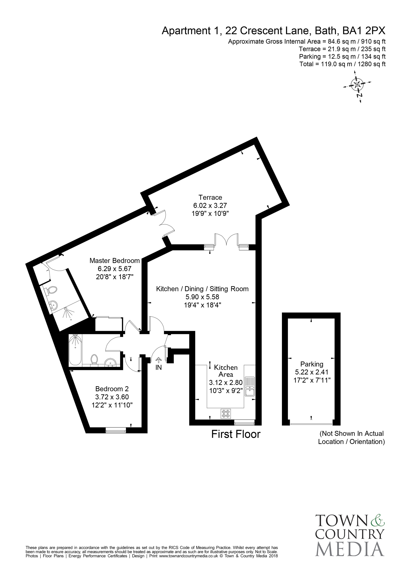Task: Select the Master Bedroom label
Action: [115, 260]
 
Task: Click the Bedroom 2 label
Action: [112, 389]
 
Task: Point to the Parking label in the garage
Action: [312, 364]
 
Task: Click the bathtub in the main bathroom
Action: [75, 350]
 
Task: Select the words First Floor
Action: [236, 434]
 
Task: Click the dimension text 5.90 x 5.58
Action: [202, 297]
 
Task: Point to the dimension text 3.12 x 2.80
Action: [226, 382]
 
